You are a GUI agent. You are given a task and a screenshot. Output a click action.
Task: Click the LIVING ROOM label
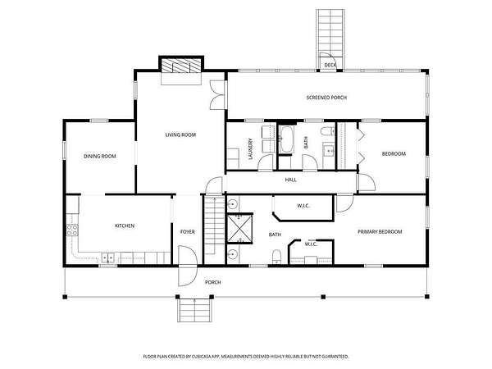[x=180, y=135]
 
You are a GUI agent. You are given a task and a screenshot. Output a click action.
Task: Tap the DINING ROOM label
[x=100, y=157]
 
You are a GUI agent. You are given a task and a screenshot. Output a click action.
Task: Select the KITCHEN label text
[x=125, y=226]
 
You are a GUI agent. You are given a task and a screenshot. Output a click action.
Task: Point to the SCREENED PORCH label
[x=326, y=98]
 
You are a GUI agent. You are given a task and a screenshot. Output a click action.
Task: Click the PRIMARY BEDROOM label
[x=380, y=232]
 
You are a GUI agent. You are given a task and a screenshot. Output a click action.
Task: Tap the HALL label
[x=291, y=180]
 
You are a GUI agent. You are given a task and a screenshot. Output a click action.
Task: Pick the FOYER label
[x=187, y=232]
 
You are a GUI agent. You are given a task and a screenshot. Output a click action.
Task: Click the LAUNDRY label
[x=250, y=149]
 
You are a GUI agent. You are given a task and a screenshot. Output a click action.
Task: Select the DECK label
[x=330, y=66]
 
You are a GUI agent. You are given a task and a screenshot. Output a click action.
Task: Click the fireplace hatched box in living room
[x=181, y=66]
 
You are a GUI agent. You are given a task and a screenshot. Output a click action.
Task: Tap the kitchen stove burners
[x=72, y=230]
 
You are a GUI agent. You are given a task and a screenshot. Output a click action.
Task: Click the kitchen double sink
[x=108, y=258]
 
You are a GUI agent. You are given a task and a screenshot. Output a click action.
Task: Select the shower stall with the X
[x=239, y=229]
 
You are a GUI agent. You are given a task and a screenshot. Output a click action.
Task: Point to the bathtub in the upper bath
[x=286, y=139]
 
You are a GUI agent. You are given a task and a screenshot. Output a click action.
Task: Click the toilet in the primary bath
[x=276, y=257]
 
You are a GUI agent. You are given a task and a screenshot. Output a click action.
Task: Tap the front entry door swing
[x=187, y=266]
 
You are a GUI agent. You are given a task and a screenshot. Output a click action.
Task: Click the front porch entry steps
[x=195, y=310]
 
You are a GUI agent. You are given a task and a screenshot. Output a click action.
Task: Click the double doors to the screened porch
[x=217, y=95]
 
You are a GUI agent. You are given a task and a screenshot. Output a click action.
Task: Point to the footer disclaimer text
[x=246, y=357]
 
